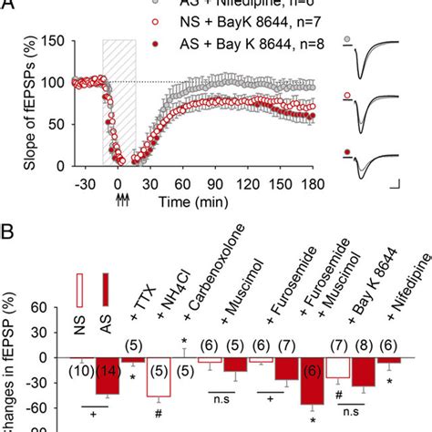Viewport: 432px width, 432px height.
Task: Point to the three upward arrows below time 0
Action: point(119,192)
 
